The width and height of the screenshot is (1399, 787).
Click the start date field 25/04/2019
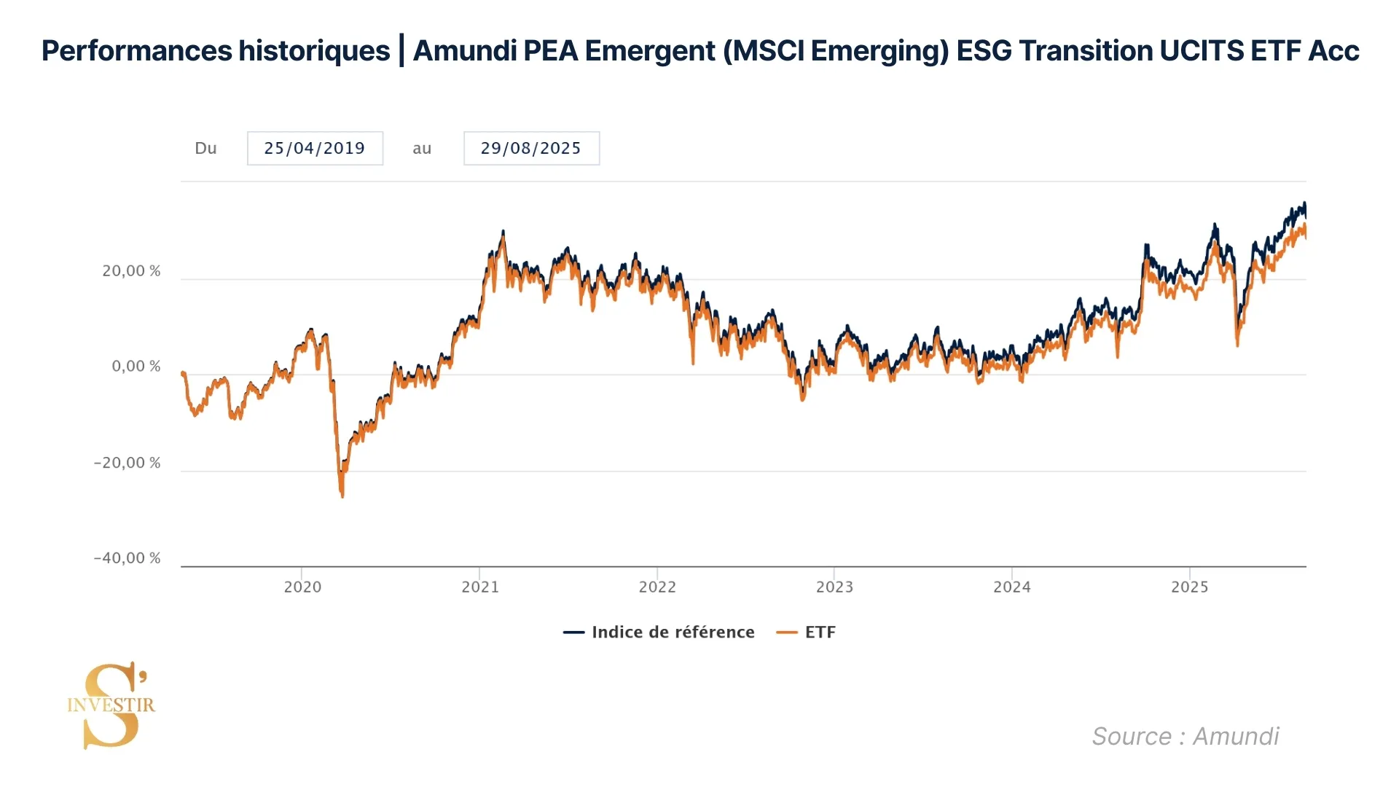[x=315, y=149]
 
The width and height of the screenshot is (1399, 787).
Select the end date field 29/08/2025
[x=531, y=149]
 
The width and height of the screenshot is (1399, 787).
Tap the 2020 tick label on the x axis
[x=302, y=587]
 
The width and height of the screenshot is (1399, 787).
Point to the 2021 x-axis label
[x=480, y=587]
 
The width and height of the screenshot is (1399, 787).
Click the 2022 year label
[x=657, y=587]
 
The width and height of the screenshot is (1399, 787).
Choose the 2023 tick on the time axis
[x=834, y=587]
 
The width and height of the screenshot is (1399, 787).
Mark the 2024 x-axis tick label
[x=1012, y=587]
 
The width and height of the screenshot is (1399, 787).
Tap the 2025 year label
[x=1189, y=587]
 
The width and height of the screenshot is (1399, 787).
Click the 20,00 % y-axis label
[x=131, y=271]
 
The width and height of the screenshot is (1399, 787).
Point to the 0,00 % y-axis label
[x=136, y=367]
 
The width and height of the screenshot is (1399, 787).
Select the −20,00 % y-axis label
[x=127, y=463]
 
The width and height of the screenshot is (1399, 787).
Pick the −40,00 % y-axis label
[x=127, y=558]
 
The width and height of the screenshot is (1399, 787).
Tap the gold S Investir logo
[x=111, y=705]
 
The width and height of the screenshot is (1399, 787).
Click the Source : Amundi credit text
[x=1185, y=737]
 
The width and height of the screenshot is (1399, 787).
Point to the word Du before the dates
[x=205, y=149]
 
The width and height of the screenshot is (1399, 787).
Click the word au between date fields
[x=422, y=149]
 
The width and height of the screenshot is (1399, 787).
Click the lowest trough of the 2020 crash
[x=342, y=496]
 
